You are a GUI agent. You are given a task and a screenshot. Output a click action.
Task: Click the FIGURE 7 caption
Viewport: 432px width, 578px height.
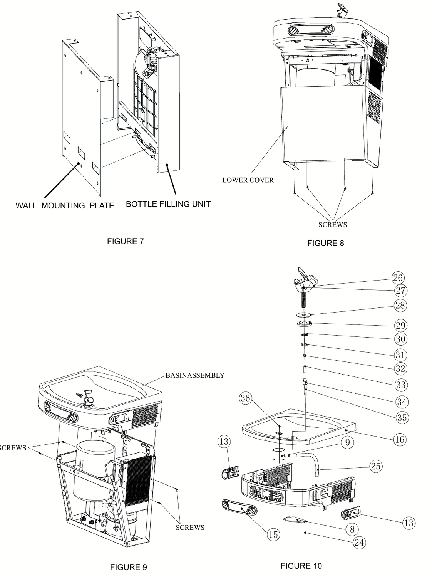pos(125,241)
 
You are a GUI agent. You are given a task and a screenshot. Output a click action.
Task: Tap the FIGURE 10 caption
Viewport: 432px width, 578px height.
pos(301,566)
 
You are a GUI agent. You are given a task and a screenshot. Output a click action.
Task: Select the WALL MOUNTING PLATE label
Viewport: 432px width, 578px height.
pos(65,206)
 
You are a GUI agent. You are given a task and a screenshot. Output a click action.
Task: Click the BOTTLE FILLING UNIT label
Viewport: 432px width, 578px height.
pos(168,204)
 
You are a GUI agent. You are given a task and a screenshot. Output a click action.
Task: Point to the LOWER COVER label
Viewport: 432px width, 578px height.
pos(248,180)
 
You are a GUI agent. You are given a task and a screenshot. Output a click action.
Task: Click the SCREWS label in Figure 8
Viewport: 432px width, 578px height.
pos(333,225)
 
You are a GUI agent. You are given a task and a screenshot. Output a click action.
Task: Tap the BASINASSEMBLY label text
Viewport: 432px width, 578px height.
pos(195,375)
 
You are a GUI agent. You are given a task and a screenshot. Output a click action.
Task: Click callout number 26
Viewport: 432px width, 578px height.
pos(397,277)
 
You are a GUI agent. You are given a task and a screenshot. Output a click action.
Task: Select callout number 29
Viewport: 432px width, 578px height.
pos(400,326)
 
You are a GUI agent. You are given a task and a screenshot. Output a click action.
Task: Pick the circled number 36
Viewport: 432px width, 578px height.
pos(245,398)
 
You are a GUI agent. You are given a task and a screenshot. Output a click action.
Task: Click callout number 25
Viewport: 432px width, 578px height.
pos(375,466)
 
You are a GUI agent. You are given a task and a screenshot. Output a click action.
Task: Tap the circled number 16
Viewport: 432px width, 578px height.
pos(400,439)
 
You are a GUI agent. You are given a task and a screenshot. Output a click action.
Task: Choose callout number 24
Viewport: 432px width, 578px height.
pos(359,543)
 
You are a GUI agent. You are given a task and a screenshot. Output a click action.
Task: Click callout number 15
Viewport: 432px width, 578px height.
pos(273,534)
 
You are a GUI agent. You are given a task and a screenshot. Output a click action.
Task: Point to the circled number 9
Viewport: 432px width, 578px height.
pos(348,442)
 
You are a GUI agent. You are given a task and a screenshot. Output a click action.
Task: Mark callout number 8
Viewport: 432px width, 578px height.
pos(352,529)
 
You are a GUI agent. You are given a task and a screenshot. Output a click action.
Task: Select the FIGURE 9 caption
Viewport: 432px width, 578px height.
pos(128,567)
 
